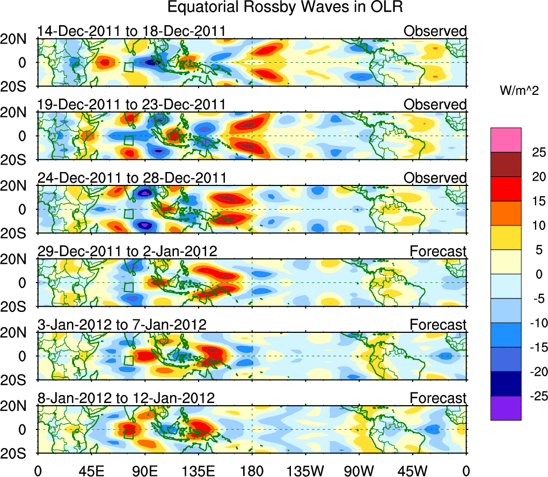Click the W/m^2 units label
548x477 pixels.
[x=520, y=92]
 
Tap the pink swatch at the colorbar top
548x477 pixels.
[x=506, y=140]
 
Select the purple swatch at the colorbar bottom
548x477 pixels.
[x=506, y=408]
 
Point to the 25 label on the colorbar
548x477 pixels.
[x=534, y=152]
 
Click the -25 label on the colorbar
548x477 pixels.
[x=534, y=396]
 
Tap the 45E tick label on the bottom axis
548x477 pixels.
[x=91, y=471]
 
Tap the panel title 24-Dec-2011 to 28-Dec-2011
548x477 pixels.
[x=131, y=178]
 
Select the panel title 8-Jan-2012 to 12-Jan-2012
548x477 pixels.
[x=126, y=398]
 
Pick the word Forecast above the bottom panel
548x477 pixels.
[x=438, y=398]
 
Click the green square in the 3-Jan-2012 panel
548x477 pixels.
[x=128, y=361]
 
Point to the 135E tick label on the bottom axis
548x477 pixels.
[x=198, y=471]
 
